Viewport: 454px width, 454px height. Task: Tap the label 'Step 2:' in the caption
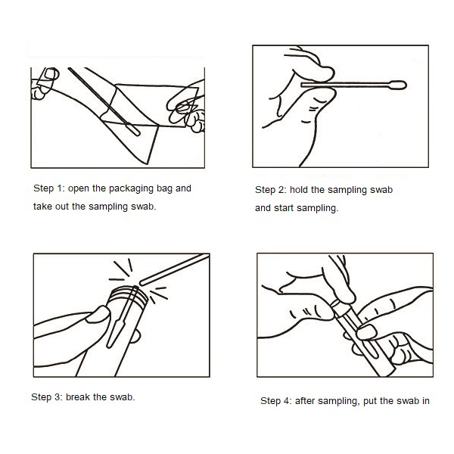point(271,190)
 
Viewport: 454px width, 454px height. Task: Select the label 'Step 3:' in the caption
point(46,396)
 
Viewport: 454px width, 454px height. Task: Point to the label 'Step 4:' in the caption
point(276,400)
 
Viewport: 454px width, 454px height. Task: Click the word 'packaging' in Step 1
point(134,188)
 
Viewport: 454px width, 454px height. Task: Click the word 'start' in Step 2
point(283,207)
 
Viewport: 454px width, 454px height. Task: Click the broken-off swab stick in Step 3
point(174,269)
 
